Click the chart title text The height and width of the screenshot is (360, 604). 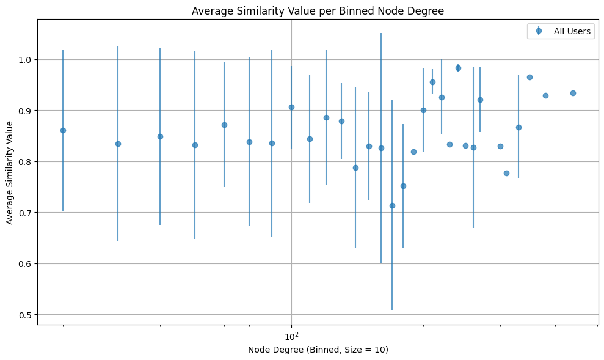point(318,10)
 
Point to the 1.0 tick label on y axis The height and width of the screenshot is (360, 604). point(26,60)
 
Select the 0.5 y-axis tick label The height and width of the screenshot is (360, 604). point(26,315)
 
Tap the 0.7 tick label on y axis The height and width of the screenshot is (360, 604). point(26,213)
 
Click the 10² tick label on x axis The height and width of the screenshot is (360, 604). point(291,336)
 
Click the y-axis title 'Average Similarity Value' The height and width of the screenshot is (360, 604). point(10,173)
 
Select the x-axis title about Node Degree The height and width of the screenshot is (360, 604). point(318,350)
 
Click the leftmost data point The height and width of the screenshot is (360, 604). point(63,130)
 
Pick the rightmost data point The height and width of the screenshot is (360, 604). point(573,93)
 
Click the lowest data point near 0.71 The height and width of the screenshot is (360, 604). point(392,205)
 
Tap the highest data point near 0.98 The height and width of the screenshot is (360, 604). point(458,68)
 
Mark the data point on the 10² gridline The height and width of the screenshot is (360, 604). point(291,107)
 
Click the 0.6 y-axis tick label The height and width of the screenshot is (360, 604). point(26,263)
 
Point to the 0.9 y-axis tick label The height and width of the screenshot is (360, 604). point(26,111)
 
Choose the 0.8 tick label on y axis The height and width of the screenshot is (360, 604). point(26,162)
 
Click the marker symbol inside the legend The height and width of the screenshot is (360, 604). point(538,32)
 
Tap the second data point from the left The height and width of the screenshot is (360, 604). point(118,144)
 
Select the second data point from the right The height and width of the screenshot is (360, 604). point(545,95)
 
